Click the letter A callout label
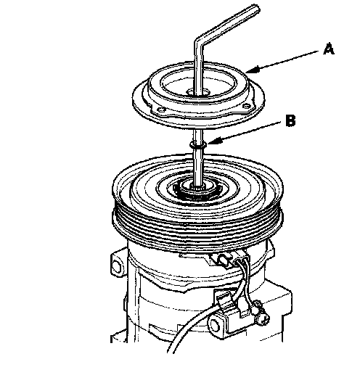coord(329,49)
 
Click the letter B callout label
coord(290,120)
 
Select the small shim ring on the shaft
coord(198,145)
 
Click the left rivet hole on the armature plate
coord(160,110)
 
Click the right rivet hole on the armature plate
coord(246,106)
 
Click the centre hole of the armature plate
coord(198,93)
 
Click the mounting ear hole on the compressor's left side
coord(116,265)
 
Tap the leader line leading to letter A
coord(285,61)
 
